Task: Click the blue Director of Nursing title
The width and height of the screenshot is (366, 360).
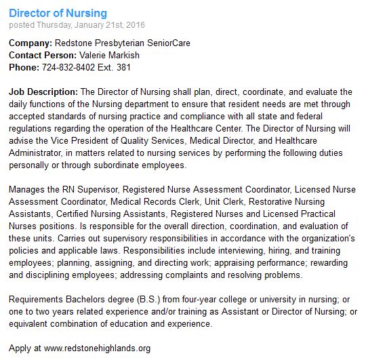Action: point(58,14)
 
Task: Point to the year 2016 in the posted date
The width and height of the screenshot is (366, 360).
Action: point(135,25)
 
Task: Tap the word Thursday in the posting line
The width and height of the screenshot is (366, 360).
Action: point(56,25)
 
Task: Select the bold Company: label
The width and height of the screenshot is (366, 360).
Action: point(31,43)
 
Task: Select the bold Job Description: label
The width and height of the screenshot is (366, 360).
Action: point(43,92)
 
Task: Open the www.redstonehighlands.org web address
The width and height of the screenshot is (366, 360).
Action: point(97,348)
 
